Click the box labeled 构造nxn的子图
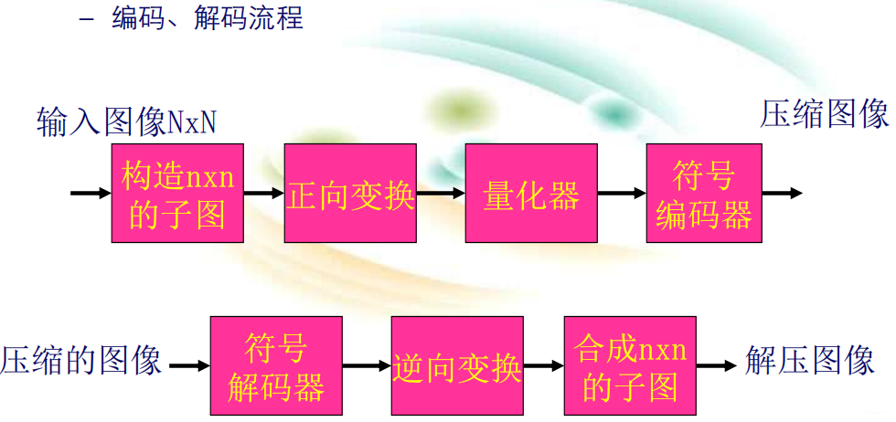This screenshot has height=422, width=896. [x=177, y=193]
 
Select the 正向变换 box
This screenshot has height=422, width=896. [x=350, y=193]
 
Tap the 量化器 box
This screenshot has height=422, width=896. [x=531, y=193]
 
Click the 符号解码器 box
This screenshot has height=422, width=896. [x=276, y=365]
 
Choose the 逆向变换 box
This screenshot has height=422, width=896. [x=456, y=365]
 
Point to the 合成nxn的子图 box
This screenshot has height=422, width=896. [x=630, y=365]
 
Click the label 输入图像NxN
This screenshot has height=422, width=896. [x=127, y=121]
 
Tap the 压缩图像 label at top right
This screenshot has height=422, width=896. [x=825, y=114]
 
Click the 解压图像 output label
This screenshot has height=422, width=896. [x=810, y=360]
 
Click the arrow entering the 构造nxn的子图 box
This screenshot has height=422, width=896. [x=91, y=194]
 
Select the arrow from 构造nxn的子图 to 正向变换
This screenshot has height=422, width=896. [x=264, y=194]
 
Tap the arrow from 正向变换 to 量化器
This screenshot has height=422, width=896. [x=441, y=194]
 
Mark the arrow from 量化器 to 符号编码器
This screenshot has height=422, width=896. [x=622, y=194]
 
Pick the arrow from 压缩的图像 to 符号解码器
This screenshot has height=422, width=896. [x=189, y=366]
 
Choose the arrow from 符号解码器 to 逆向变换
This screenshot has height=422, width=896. [x=367, y=366]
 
